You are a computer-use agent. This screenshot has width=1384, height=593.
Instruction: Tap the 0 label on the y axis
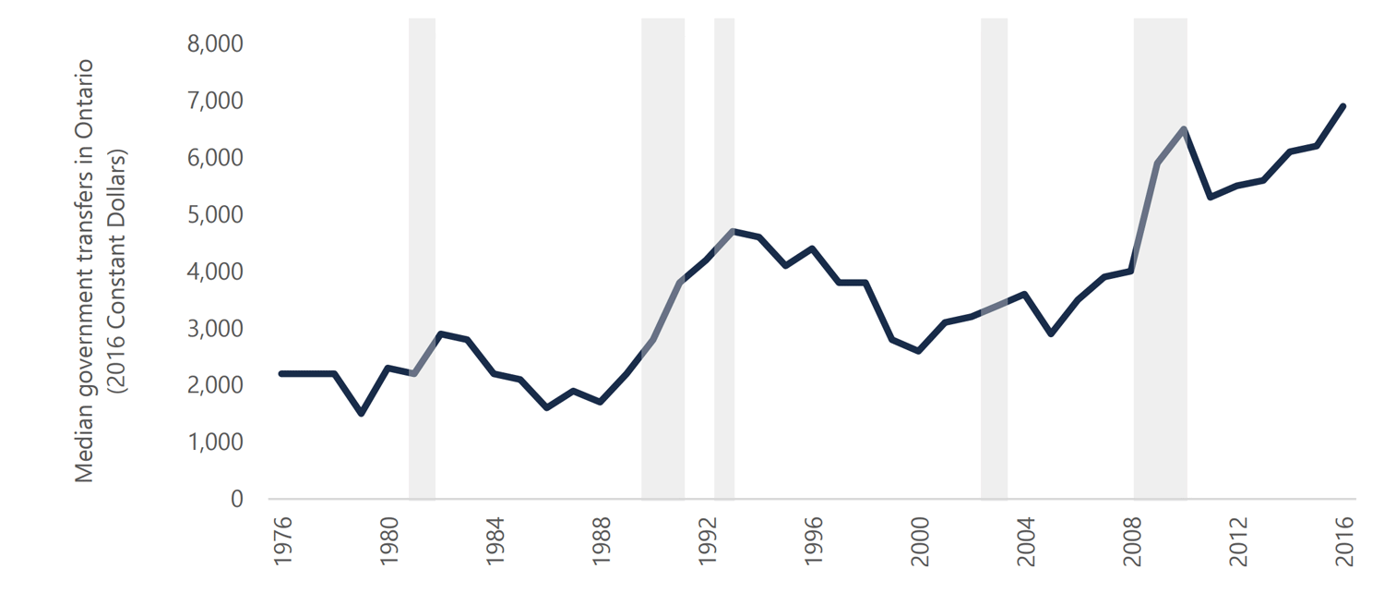(x=236, y=500)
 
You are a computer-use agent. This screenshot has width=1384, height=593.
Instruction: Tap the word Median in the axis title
(x=85, y=448)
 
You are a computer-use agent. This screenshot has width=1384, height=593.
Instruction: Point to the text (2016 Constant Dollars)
(x=116, y=272)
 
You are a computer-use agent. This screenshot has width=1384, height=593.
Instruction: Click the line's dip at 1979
(x=362, y=413)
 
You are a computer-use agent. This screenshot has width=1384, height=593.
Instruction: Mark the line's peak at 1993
(x=733, y=231)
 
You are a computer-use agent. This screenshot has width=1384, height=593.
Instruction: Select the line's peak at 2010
(x=1184, y=129)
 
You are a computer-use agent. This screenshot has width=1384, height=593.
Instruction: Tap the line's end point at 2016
(x=1343, y=106)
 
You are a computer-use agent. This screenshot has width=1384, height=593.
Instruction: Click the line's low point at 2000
(x=919, y=351)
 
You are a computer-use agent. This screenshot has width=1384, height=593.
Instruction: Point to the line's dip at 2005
(x=1052, y=333)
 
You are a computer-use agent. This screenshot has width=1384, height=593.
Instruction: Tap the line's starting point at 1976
(x=282, y=373)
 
